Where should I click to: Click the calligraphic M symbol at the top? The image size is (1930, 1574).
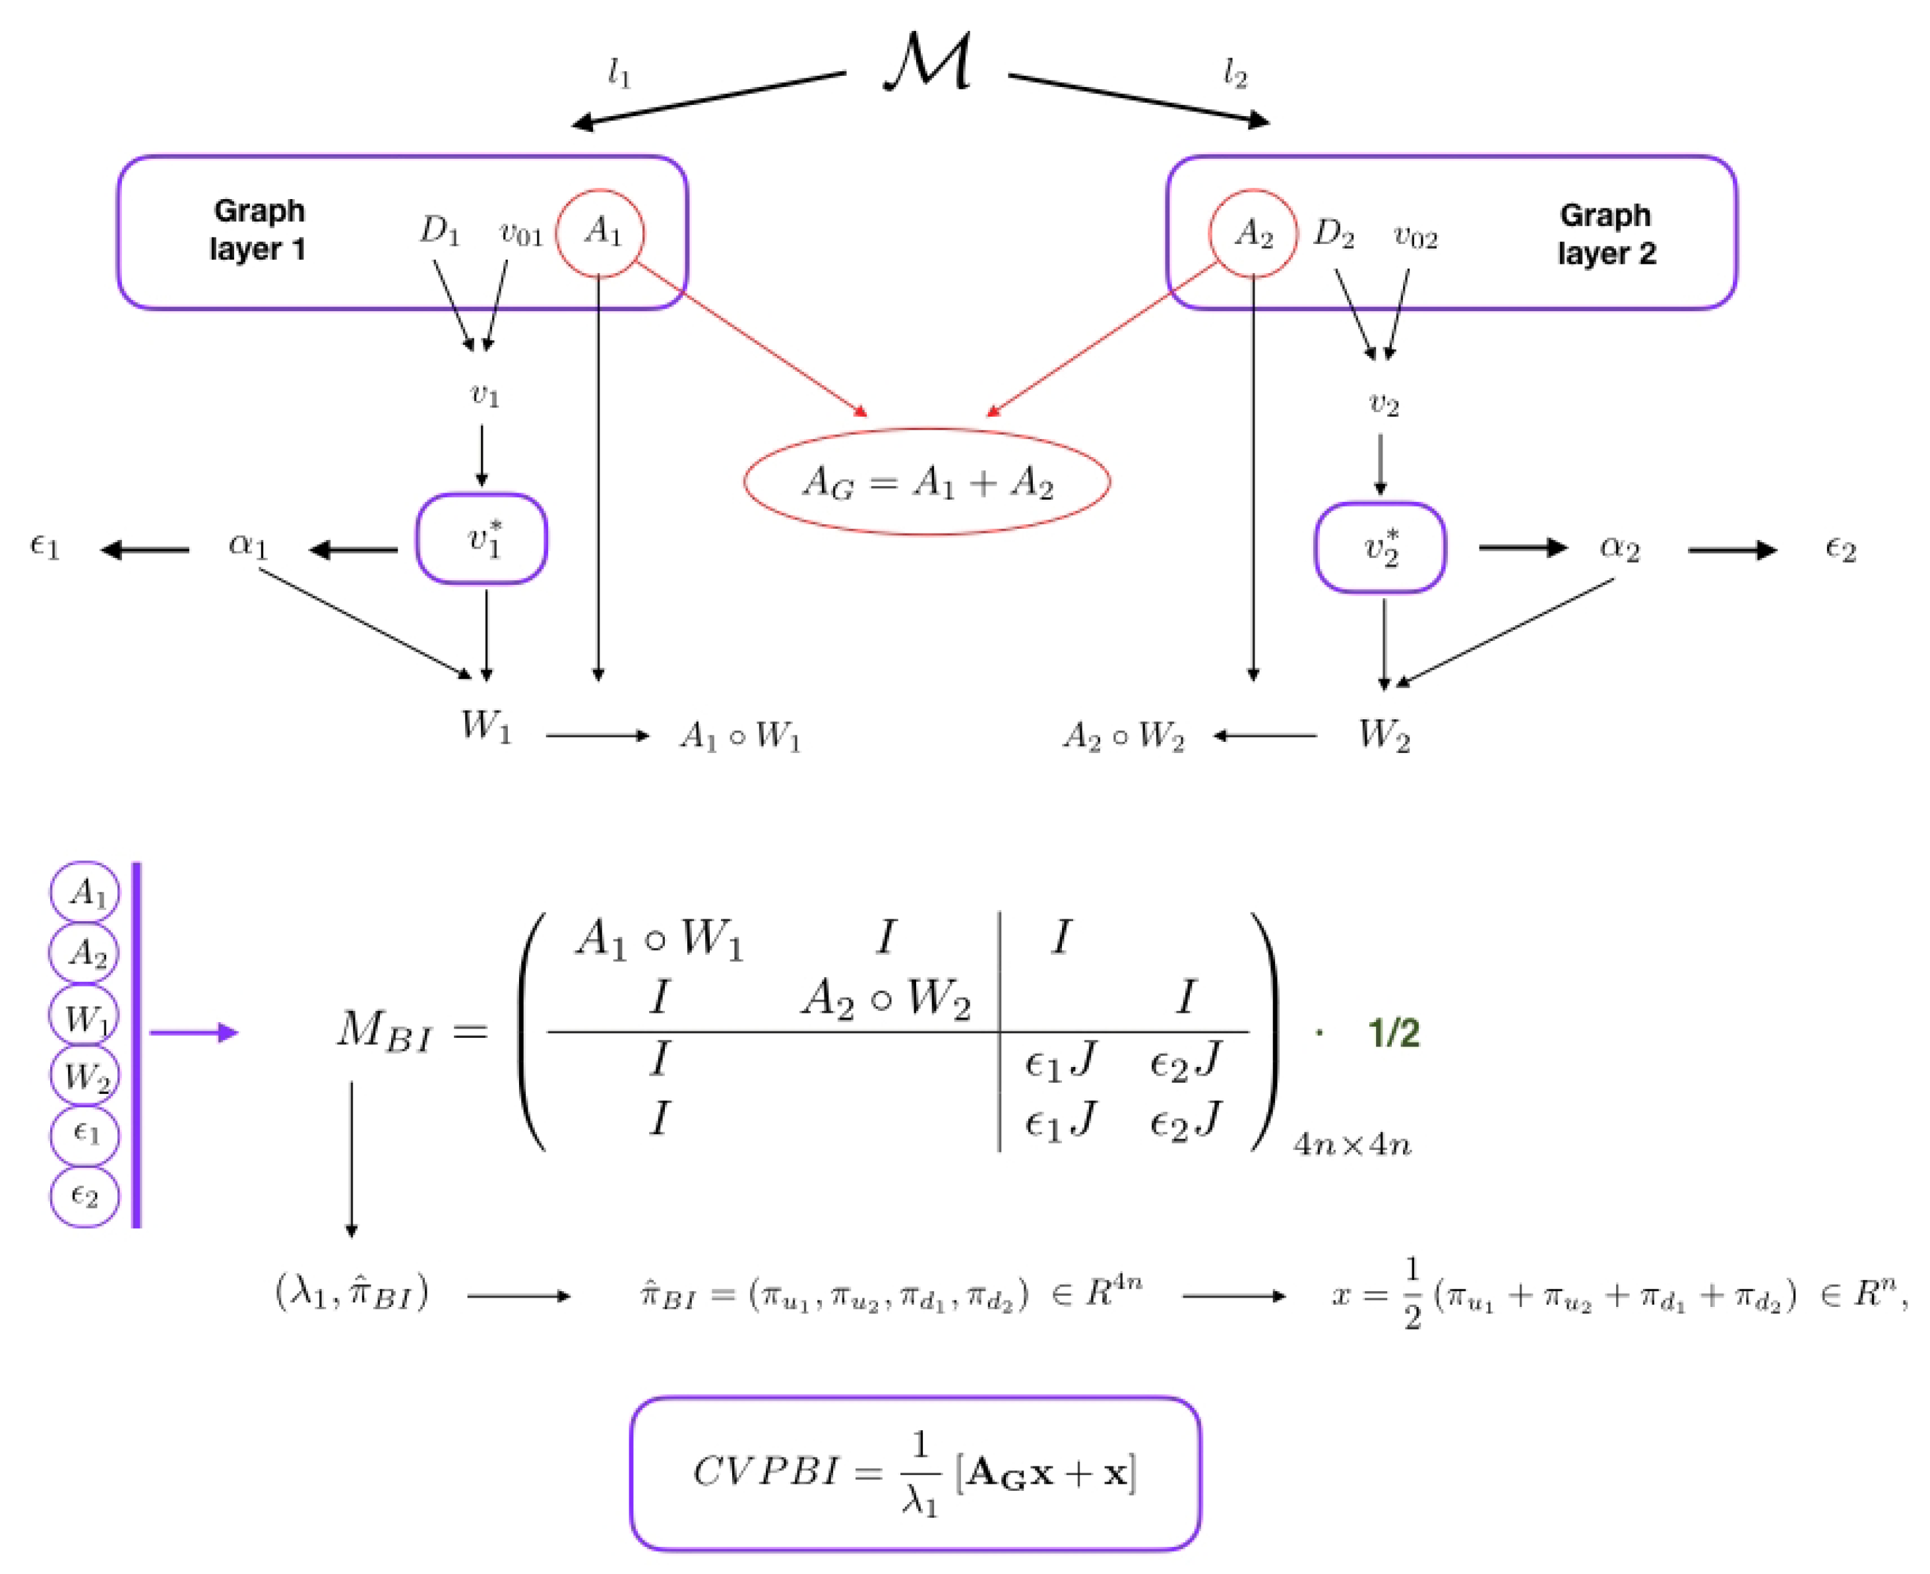click(927, 62)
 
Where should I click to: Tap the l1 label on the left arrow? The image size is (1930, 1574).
click(619, 73)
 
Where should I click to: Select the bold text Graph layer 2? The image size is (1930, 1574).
click(1605, 234)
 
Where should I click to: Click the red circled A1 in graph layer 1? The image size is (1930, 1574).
click(600, 233)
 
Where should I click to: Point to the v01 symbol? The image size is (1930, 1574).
click(520, 235)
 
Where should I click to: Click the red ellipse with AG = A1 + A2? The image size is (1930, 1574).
click(927, 481)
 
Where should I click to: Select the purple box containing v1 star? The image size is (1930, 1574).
click(482, 539)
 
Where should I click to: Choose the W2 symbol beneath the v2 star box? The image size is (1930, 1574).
click(1383, 735)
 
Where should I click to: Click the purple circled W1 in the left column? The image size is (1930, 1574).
click(84, 1016)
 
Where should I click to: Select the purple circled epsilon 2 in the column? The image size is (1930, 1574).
click(84, 1197)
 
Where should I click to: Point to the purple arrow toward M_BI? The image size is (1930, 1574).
click(193, 1033)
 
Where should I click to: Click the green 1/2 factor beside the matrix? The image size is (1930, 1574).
click(1393, 1033)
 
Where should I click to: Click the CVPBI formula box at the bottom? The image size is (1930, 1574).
click(914, 1472)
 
